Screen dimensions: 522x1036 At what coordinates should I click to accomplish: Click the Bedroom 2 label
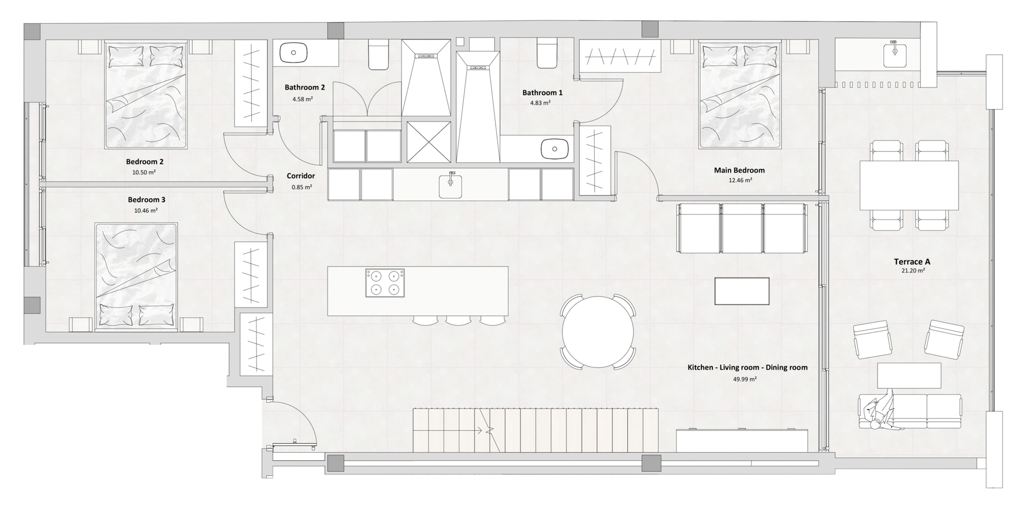[145, 162]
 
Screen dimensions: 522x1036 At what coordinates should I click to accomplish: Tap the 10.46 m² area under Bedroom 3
[146, 211]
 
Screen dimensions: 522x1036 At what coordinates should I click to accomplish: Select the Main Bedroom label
[739, 170]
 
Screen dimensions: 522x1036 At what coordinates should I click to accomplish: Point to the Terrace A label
[912, 262]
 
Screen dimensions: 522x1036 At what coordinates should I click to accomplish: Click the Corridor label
[300, 176]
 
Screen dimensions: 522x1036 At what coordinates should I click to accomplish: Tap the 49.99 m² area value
[745, 379]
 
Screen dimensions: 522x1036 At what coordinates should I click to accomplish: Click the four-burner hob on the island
[385, 283]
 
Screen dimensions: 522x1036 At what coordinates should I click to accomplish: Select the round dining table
[598, 332]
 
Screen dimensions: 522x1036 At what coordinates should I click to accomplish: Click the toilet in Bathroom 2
[379, 55]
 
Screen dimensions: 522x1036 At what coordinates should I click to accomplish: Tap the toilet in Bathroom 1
[547, 53]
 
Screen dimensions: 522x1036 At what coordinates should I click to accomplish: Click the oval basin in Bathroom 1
[554, 149]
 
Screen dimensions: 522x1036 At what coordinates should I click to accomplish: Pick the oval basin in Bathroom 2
[294, 52]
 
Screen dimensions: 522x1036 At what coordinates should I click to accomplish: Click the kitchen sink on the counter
[450, 186]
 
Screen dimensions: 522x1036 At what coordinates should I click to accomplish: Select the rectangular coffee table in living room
[742, 291]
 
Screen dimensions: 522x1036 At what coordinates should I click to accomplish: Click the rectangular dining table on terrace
[909, 185]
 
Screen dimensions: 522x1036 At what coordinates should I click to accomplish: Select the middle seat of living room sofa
[742, 228]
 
